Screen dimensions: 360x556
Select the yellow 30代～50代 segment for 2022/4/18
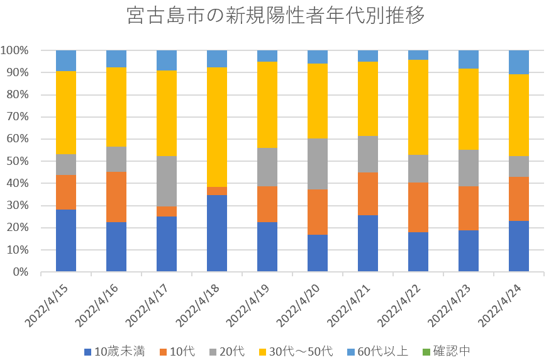(217, 127)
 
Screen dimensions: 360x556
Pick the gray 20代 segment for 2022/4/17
(167, 181)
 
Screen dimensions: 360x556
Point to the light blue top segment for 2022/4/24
(519, 62)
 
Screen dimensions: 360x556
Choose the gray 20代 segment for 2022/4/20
(318, 164)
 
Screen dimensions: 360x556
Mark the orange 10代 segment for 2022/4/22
(418, 208)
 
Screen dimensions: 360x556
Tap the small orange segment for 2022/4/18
(217, 191)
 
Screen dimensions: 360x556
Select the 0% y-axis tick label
(23, 273)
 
